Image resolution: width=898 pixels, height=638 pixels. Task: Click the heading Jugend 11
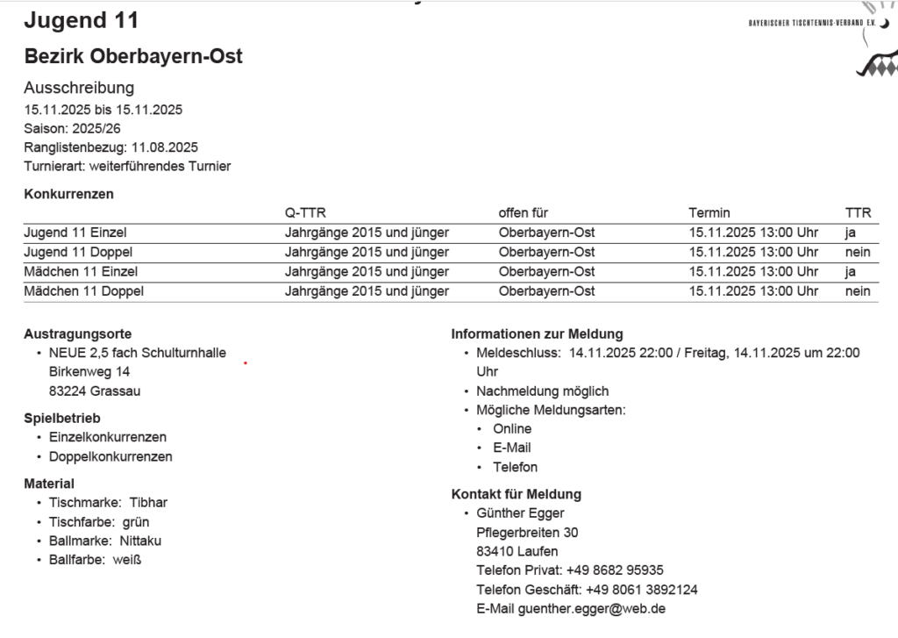click(x=81, y=20)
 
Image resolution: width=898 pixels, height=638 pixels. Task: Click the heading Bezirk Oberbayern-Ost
click(x=133, y=57)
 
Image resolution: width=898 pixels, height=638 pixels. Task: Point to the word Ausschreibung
click(x=79, y=88)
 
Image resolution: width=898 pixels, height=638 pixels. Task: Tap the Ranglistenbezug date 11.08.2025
click(x=165, y=147)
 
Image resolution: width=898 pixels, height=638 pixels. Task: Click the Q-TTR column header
click(x=305, y=213)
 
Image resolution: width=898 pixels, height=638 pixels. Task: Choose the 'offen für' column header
click(x=524, y=213)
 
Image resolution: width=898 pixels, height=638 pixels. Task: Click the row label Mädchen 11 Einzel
click(x=81, y=272)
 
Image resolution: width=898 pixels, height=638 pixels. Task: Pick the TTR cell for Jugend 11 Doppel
click(x=857, y=253)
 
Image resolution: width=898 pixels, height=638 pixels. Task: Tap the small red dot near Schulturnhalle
click(x=245, y=362)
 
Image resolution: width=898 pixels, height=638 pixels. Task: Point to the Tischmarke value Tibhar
click(x=148, y=503)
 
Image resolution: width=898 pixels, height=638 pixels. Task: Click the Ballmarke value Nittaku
click(x=140, y=541)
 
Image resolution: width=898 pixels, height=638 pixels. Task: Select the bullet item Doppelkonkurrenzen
click(x=110, y=456)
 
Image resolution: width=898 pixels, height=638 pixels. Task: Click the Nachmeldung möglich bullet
click(x=542, y=391)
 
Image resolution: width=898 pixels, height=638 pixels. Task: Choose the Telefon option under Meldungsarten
click(x=515, y=467)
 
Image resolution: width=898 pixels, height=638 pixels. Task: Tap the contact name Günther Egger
click(x=520, y=513)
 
